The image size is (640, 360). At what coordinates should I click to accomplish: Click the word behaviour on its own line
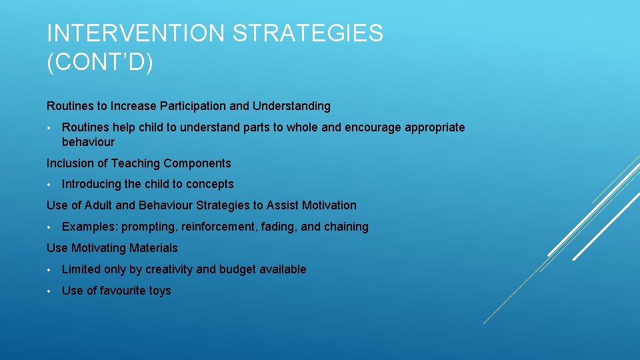click(x=88, y=142)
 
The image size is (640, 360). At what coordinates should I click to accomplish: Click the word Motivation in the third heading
click(x=329, y=205)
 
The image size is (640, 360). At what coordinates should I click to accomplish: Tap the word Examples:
click(x=89, y=227)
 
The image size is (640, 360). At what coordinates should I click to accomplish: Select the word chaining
click(x=346, y=227)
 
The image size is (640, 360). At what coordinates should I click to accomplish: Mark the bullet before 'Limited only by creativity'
click(x=49, y=270)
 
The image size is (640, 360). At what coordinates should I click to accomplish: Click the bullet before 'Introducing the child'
click(x=49, y=185)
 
